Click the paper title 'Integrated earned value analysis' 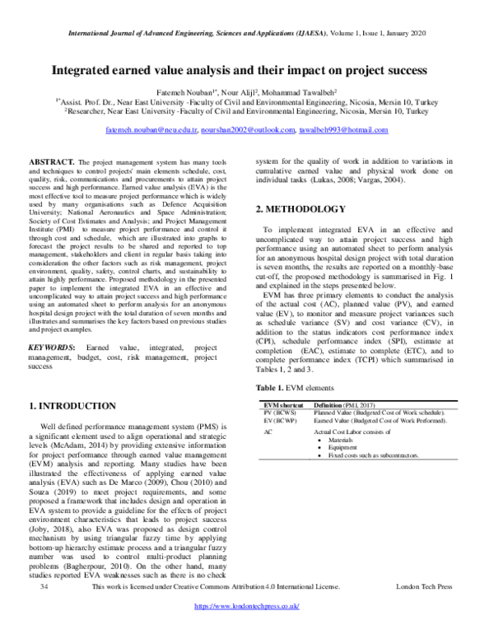[246, 71]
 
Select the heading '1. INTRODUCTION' [72, 406]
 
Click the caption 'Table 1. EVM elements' [295, 386]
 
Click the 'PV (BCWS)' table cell [281, 413]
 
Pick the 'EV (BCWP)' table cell [281, 421]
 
